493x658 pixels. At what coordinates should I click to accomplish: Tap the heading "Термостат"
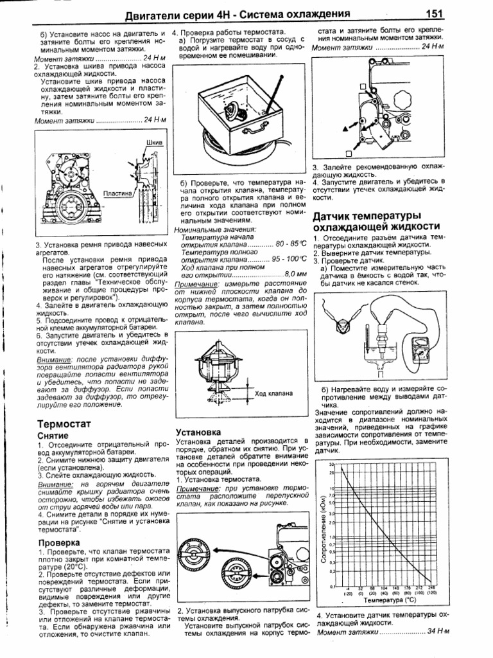click(63, 424)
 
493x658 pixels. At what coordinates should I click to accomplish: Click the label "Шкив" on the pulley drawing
click(155, 140)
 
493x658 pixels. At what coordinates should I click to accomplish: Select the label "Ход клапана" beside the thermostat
click(273, 393)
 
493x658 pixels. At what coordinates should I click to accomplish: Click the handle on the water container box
click(256, 130)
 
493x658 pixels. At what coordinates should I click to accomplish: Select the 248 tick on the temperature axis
click(432, 588)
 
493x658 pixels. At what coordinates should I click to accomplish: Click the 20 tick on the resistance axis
click(332, 474)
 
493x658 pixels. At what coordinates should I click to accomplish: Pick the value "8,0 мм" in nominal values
click(295, 274)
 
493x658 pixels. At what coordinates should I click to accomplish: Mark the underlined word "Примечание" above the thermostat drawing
click(195, 283)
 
